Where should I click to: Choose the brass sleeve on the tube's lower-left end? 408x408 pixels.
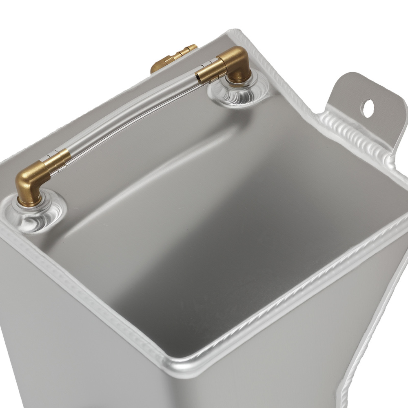[59, 159]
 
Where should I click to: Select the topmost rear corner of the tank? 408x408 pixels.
[237, 33]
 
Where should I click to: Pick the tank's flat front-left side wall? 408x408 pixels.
[73, 347]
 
